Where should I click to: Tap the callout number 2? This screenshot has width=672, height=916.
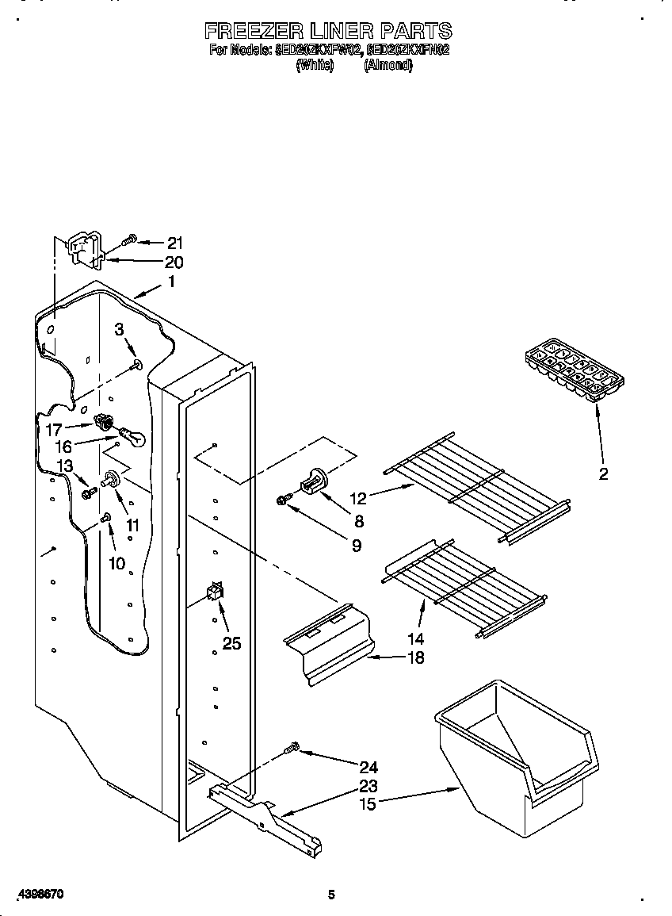tap(603, 474)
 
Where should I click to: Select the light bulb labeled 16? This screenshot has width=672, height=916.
tap(132, 437)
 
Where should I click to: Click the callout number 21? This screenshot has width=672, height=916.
tap(174, 243)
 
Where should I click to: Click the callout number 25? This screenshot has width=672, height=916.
tap(231, 643)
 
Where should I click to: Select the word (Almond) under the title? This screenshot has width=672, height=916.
tap(388, 66)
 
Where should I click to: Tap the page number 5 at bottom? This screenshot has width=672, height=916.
tap(331, 895)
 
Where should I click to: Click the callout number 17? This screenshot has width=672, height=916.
tap(53, 429)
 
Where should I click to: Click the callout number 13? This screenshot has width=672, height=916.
tap(65, 466)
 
